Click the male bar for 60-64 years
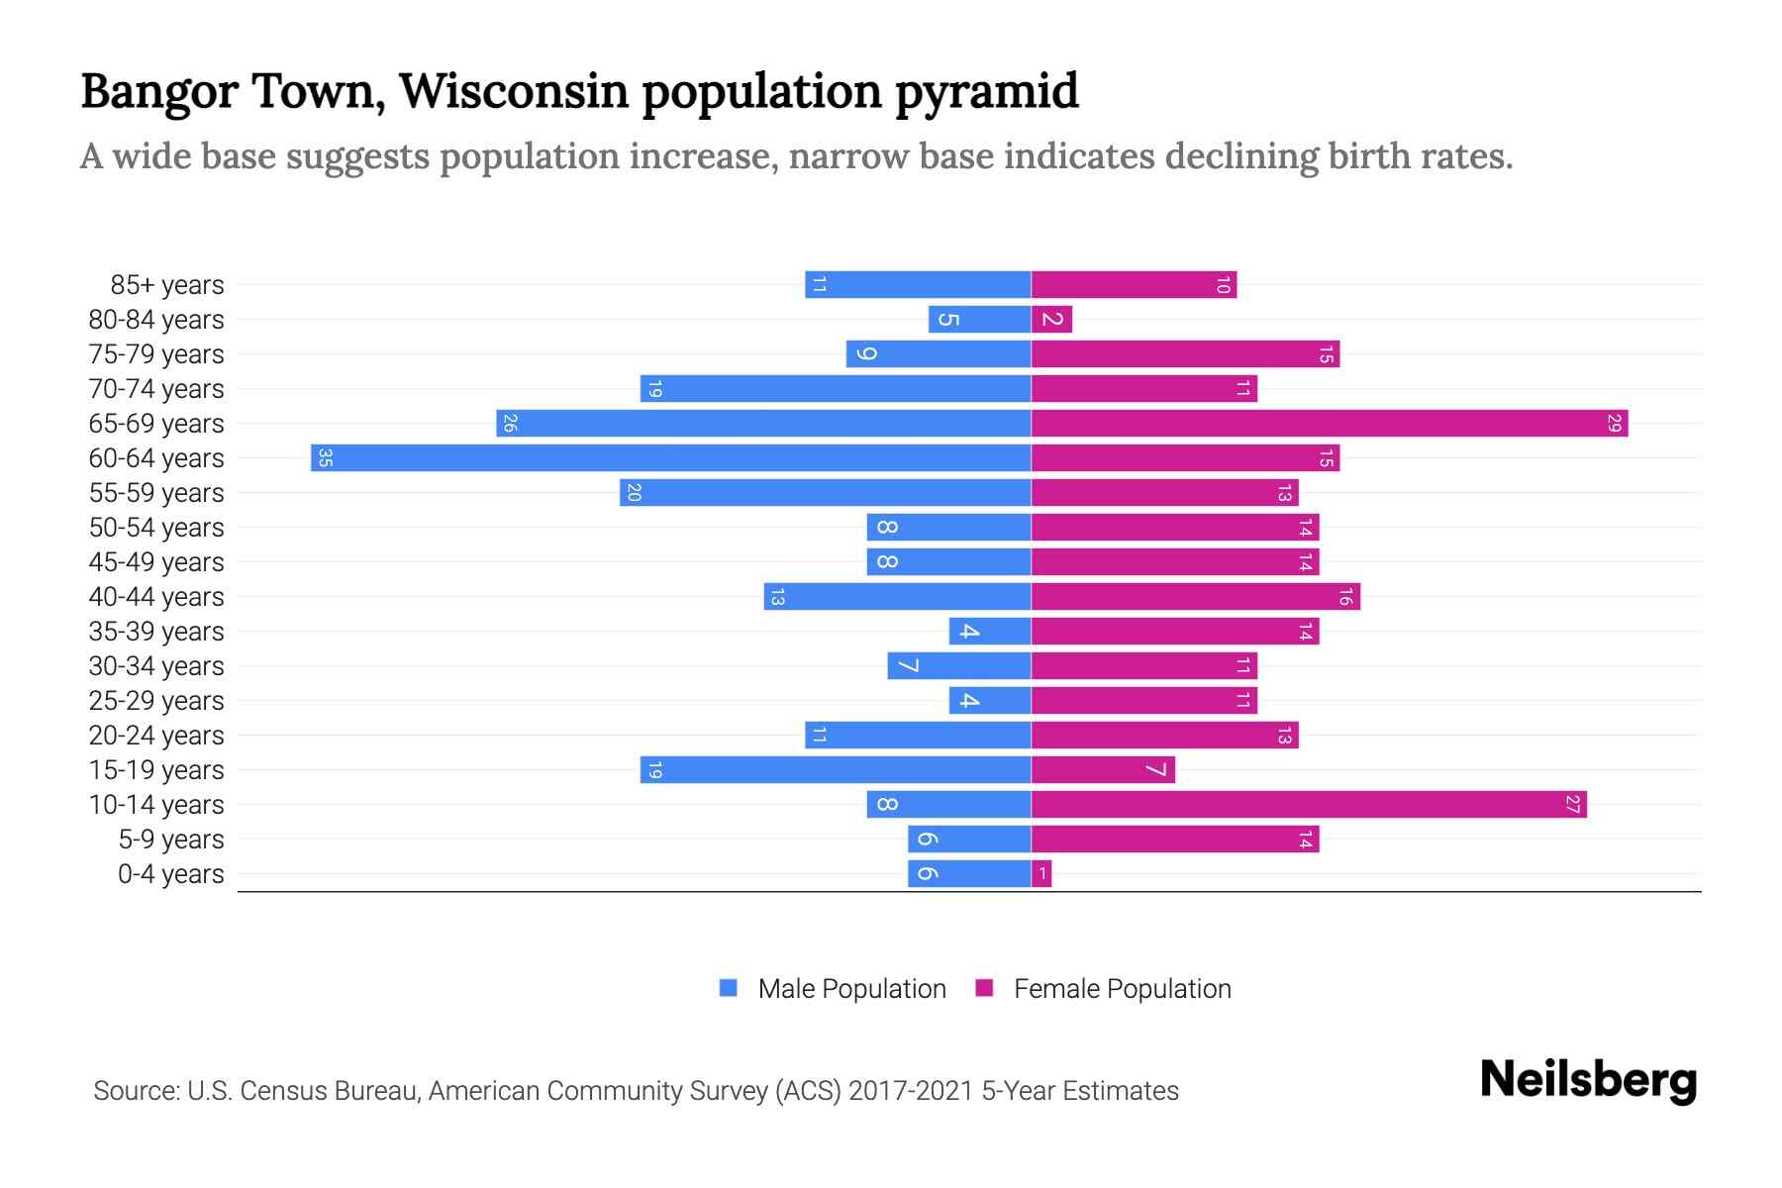(x=670, y=457)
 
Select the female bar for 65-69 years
(x=1329, y=423)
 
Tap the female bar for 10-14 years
(x=1308, y=804)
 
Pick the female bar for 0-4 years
(x=1041, y=873)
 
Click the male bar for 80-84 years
(x=979, y=319)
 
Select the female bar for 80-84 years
(x=1051, y=319)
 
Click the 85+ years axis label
(x=167, y=285)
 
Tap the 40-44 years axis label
(x=156, y=597)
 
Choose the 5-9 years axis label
(x=171, y=840)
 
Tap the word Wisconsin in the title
(x=513, y=91)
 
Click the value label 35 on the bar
(x=325, y=457)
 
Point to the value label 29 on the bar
(x=1614, y=423)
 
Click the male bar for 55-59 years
(x=825, y=492)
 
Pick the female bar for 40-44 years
(x=1195, y=596)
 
